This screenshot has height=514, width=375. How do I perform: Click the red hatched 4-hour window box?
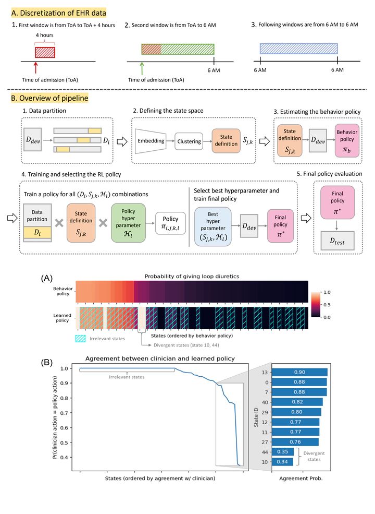pyautogui.click(x=45, y=51)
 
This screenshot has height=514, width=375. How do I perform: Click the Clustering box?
pyautogui.click(x=190, y=141)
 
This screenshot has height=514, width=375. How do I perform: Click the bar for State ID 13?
pyautogui.click(x=299, y=372)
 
